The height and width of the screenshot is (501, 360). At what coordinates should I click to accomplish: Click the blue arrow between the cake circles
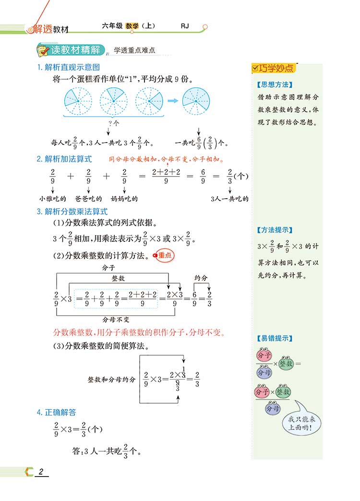(x=172, y=101)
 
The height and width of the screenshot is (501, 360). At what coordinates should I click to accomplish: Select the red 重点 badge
(x=163, y=256)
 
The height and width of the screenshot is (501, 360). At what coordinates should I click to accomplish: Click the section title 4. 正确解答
(x=56, y=412)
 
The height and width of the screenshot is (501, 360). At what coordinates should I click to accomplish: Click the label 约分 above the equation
(x=201, y=278)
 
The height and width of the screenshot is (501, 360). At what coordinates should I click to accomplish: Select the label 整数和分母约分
(x=111, y=379)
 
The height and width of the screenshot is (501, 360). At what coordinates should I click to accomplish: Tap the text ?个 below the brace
(x=112, y=124)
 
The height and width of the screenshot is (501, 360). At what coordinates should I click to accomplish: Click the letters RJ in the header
(x=185, y=26)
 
